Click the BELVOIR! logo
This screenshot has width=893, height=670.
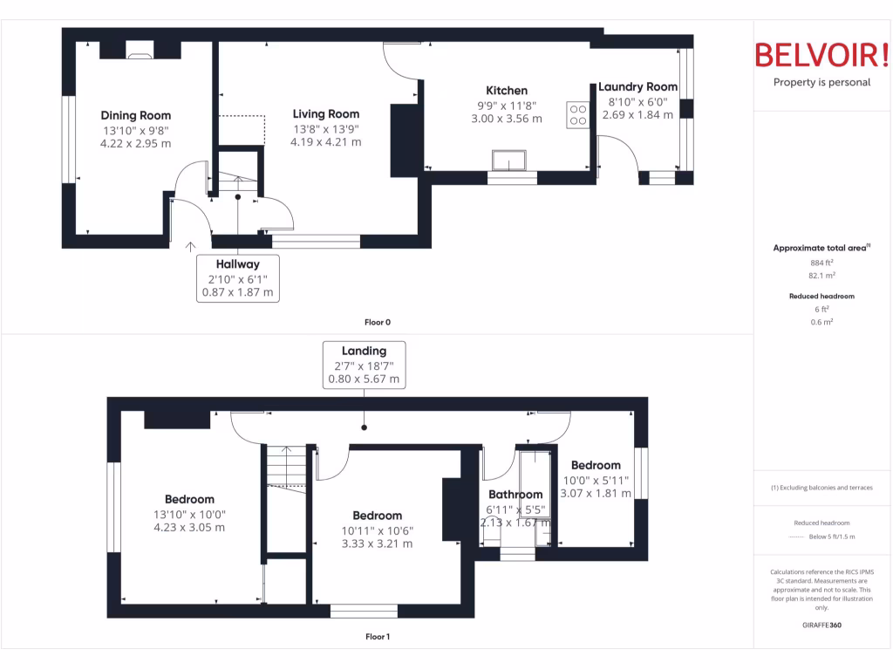pos(821,54)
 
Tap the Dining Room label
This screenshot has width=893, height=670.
pos(136,115)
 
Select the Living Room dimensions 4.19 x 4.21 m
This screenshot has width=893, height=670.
pos(325,141)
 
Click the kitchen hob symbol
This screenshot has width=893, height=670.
pos(577,115)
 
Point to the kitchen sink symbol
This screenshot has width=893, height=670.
pos(509,161)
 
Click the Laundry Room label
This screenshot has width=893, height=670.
pos(637,87)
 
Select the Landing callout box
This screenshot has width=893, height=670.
pos(364,365)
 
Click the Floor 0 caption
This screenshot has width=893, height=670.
pos(378,322)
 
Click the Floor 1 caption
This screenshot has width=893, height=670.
pos(378,637)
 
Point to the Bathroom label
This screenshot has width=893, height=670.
pos(515,495)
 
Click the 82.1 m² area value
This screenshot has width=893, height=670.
pos(821,275)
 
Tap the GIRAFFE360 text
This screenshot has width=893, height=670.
pos(821,625)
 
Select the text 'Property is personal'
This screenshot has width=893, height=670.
pos(821,83)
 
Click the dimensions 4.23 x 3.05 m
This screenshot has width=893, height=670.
pos(189,527)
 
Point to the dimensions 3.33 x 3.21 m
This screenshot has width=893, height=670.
pos(377,544)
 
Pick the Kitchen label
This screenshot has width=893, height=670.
pos(507,91)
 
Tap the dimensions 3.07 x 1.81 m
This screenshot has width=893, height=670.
pos(596,493)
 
